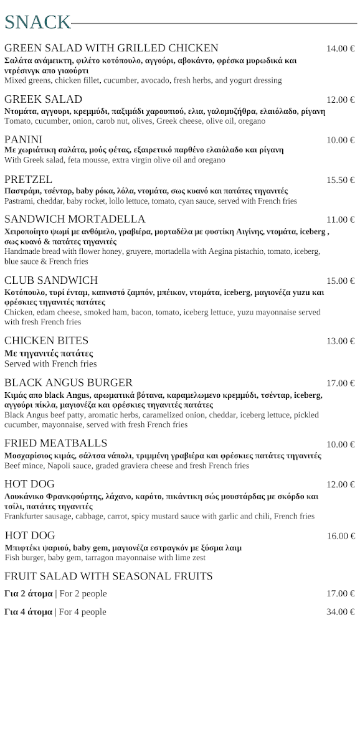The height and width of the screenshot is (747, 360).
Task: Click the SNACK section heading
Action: (x=37, y=22)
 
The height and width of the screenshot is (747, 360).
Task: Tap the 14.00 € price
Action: (x=341, y=49)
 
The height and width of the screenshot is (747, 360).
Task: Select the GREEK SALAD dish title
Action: (x=43, y=100)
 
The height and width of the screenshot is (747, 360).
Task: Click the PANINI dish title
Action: (x=23, y=139)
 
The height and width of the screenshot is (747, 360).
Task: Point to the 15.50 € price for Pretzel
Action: (x=341, y=180)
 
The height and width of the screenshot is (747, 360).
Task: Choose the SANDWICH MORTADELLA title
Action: (x=75, y=219)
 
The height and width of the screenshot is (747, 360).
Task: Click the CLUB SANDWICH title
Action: (x=51, y=280)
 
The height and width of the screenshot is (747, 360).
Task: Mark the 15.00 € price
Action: (x=341, y=281)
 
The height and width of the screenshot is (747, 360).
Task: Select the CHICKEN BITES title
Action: (x=47, y=341)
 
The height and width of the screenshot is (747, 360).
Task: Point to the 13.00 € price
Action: (x=341, y=341)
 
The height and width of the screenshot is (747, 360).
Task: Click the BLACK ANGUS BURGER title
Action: (x=69, y=382)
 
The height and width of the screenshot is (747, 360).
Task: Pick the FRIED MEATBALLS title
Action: (x=56, y=443)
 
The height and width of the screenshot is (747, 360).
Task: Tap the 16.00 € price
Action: (x=341, y=536)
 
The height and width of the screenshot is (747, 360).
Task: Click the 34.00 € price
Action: (x=341, y=612)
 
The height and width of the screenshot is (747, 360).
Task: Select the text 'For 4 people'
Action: (x=83, y=612)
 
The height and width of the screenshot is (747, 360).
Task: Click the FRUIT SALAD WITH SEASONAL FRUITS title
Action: (x=108, y=576)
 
